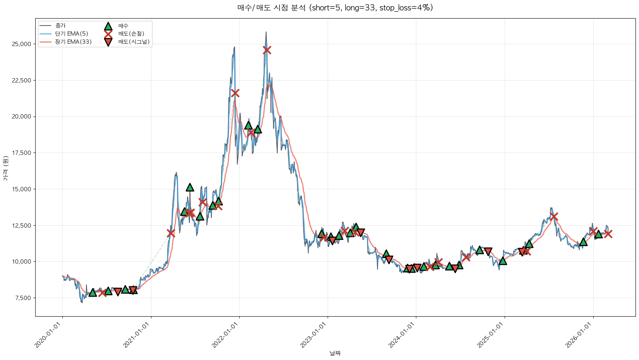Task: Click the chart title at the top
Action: point(335,8)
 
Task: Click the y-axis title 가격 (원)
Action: point(5,168)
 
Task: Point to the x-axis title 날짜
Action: point(335,353)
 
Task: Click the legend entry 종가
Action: point(60,26)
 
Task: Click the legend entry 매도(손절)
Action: point(131,34)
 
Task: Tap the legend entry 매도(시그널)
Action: point(134,42)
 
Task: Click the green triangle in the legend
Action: point(108,26)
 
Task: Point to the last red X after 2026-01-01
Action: point(608,234)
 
